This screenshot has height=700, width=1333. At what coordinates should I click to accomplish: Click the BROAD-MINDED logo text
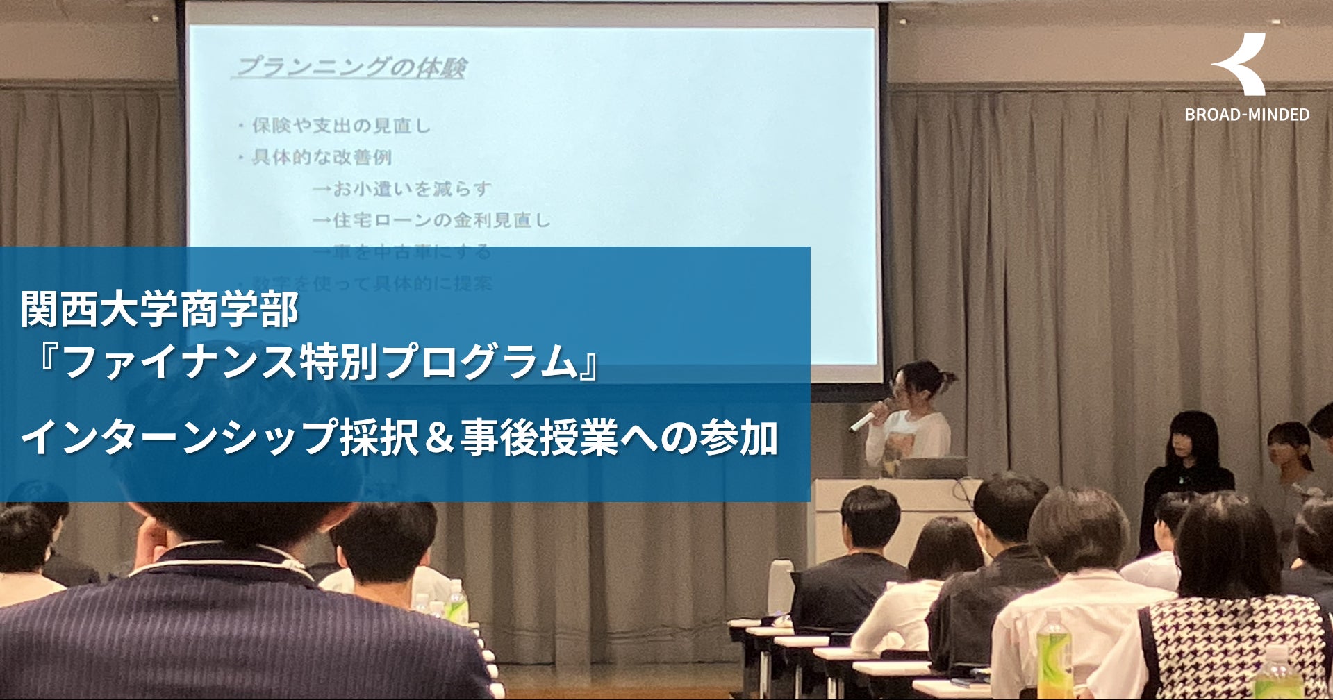tap(1247, 115)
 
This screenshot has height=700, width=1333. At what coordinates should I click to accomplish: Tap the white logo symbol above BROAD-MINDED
tap(1241, 65)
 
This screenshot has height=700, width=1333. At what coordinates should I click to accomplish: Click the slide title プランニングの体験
tap(350, 68)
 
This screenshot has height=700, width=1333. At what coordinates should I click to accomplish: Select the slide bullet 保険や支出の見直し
tap(340, 126)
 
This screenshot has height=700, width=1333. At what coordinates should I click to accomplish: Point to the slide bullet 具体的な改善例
tap(322, 158)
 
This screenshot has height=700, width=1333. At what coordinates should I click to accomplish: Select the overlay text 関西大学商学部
tap(160, 310)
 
